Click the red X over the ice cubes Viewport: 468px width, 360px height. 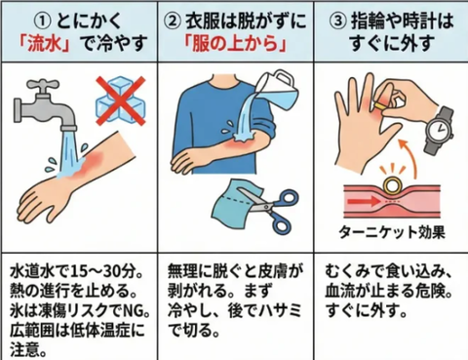121,100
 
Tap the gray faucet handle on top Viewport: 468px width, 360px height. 42,84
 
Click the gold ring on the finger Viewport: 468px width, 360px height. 379,106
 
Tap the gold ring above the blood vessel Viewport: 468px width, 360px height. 392,185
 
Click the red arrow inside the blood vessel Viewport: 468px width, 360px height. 364,202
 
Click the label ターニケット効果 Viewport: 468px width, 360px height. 392,232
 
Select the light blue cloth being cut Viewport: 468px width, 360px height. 232,202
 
